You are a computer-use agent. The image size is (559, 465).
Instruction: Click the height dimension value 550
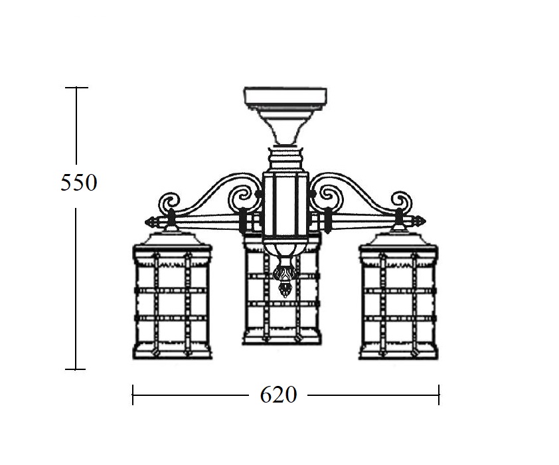[x=79, y=183]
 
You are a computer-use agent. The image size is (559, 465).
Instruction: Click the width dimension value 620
[x=278, y=395]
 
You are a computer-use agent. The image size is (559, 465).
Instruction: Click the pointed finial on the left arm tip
[x=151, y=222]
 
